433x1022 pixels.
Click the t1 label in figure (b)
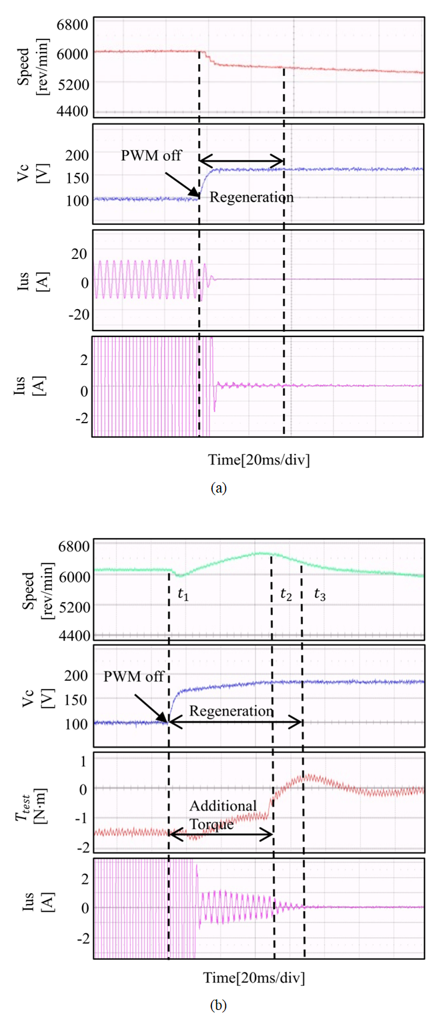(x=183, y=596)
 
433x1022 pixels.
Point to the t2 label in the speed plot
(x=286, y=596)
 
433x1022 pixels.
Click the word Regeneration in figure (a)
(x=252, y=198)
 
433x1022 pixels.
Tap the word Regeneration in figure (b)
(x=232, y=711)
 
